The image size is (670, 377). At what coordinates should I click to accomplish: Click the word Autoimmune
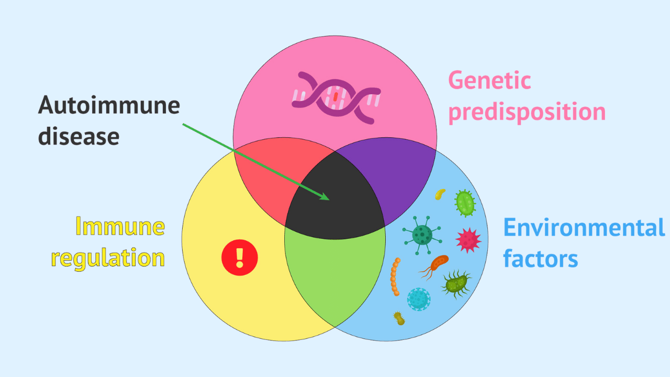point(109,105)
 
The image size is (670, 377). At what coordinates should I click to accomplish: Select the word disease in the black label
point(79,136)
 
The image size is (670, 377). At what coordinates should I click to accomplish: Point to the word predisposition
point(527,113)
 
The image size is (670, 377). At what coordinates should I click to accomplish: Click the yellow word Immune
point(120,226)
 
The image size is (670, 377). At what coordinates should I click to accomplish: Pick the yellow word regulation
point(108,258)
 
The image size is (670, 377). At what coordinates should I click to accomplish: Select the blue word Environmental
point(584,228)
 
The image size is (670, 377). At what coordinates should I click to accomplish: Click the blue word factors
point(540,259)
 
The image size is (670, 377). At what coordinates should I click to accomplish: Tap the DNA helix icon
point(336,97)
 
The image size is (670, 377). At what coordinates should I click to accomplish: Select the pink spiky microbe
point(468,240)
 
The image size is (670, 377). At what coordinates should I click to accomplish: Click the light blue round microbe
point(419,299)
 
